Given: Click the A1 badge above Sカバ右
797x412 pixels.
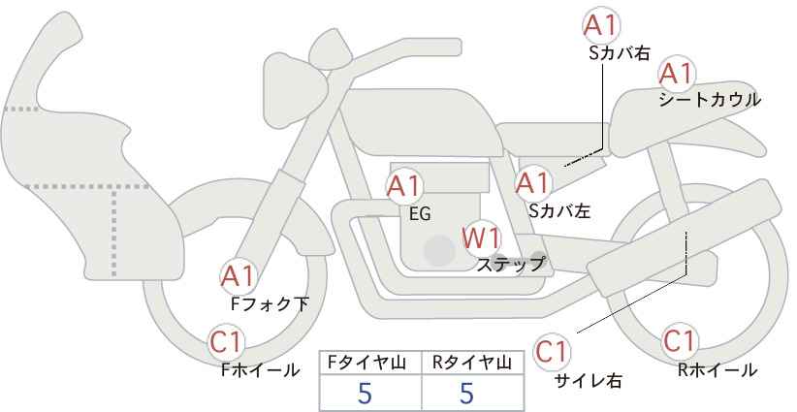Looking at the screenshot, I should click(602, 25).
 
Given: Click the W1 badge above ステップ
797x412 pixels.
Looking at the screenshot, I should click(480, 237).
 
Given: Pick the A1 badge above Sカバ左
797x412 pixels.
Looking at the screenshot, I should click(532, 181).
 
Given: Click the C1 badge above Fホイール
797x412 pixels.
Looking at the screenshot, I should click(227, 341).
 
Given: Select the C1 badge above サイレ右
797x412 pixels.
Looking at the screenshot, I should click(554, 351).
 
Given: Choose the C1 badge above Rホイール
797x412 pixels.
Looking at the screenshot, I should click(680, 341).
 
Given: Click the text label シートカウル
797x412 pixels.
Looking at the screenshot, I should click(709, 99).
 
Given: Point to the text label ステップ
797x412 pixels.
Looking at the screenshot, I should click(511, 263).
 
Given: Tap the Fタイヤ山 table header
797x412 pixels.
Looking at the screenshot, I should click(368, 363).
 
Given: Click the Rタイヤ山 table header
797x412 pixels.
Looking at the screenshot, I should click(471, 363).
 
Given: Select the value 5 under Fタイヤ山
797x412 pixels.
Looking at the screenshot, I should click(366, 394).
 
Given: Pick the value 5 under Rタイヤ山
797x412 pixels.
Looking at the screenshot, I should click(466, 394).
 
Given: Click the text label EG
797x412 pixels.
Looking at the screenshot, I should click(420, 214).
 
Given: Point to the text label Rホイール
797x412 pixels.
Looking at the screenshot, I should click(717, 369).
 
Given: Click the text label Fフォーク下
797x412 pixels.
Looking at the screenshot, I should click(270, 303).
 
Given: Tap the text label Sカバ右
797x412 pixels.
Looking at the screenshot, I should click(619, 53).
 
